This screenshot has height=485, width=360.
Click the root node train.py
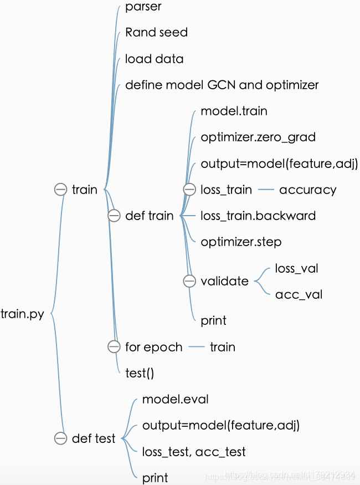click(23, 315)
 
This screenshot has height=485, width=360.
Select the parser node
click(143, 7)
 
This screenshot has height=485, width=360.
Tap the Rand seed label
click(156, 32)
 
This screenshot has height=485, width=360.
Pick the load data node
click(154, 59)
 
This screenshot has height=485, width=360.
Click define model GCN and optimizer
click(222, 85)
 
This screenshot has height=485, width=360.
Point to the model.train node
click(234, 111)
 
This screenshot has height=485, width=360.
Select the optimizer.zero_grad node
click(258, 137)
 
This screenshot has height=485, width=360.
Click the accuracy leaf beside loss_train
click(307, 190)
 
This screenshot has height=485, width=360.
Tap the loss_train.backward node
click(258, 216)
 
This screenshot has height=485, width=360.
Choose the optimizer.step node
click(241, 242)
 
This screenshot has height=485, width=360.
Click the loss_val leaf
click(296, 269)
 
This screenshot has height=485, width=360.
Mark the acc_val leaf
click(299, 294)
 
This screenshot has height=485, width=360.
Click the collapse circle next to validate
click(189, 282)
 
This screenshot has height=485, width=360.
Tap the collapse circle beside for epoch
click(114, 347)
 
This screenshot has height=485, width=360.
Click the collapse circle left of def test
click(61, 438)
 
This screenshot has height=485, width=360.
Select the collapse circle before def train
click(114, 216)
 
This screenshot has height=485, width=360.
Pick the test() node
click(140, 373)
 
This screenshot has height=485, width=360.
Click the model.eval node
click(175, 399)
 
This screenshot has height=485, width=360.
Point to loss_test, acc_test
click(194, 452)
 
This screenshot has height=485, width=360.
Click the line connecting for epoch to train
click(197, 347)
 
